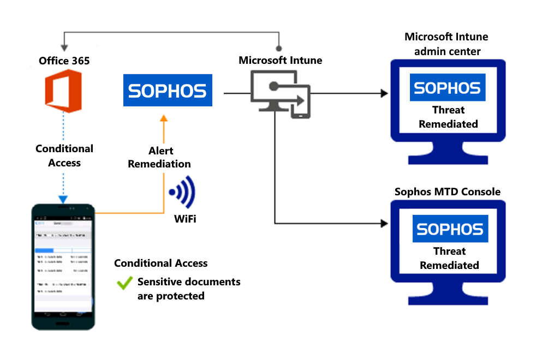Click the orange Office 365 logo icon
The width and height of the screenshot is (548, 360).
(x=64, y=90)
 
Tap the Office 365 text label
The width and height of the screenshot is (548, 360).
(x=64, y=61)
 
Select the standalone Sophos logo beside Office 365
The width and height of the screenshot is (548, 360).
(x=167, y=91)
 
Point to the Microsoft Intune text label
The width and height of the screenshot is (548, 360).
(x=280, y=60)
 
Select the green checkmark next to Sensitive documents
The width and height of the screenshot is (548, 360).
(x=125, y=283)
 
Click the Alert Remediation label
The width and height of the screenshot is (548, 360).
(x=159, y=157)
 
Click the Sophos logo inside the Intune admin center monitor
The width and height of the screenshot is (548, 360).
(x=447, y=88)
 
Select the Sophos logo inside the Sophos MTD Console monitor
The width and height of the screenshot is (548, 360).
(x=450, y=229)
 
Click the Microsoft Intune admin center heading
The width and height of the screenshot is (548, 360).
(x=446, y=44)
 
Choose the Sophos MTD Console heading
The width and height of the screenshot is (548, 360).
(x=447, y=191)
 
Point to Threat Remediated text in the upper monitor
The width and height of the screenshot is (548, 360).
(x=448, y=117)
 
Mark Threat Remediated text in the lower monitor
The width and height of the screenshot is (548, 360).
(x=449, y=258)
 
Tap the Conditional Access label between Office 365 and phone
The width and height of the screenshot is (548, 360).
(x=64, y=155)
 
